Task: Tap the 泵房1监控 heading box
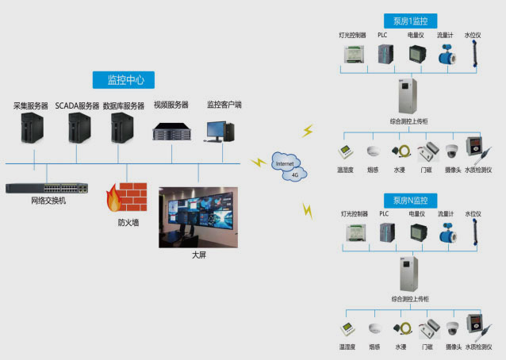click(x=409, y=21)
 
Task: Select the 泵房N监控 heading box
click(x=409, y=200)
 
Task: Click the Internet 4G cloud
click(x=289, y=164)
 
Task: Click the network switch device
click(x=47, y=189)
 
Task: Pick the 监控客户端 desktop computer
click(x=218, y=130)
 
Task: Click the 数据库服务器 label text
click(x=124, y=105)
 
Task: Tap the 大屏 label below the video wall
click(x=198, y=256)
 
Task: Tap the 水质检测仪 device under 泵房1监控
click(x=475, y=150)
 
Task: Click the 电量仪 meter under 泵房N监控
click(x=416, y=233)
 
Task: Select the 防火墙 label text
click(x=128, y=223)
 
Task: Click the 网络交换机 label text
click(x=48, y=201)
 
